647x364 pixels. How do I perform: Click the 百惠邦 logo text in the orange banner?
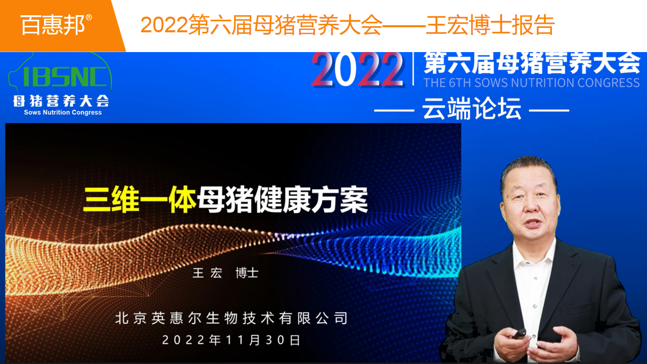pos(53,25)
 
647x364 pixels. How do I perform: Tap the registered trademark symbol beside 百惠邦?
pos(89,17)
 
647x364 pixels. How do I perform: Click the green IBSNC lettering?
pos(65,76)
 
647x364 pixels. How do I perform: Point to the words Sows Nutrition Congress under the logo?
pos(63,112)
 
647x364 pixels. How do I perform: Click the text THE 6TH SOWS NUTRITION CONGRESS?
pos(531,83)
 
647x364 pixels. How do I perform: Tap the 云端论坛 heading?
pos(472,108)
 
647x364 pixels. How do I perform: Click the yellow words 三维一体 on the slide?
pos(140,200)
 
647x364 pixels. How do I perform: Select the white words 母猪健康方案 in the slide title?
pos(283,200)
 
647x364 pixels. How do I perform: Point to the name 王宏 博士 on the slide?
pos(225,273)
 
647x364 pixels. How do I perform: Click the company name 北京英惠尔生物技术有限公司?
pos(232,318)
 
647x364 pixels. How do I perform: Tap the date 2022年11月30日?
pos(232,340)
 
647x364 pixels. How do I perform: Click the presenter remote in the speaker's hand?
pos(519,334)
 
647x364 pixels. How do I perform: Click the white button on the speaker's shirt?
pos(534,306)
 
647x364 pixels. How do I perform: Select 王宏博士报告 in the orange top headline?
pos(490,25)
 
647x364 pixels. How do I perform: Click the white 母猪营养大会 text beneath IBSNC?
pos(61,101)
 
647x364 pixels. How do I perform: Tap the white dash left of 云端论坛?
pos(394,110)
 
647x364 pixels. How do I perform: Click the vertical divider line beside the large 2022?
pos(413,69)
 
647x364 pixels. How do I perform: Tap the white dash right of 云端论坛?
pos(549,110)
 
